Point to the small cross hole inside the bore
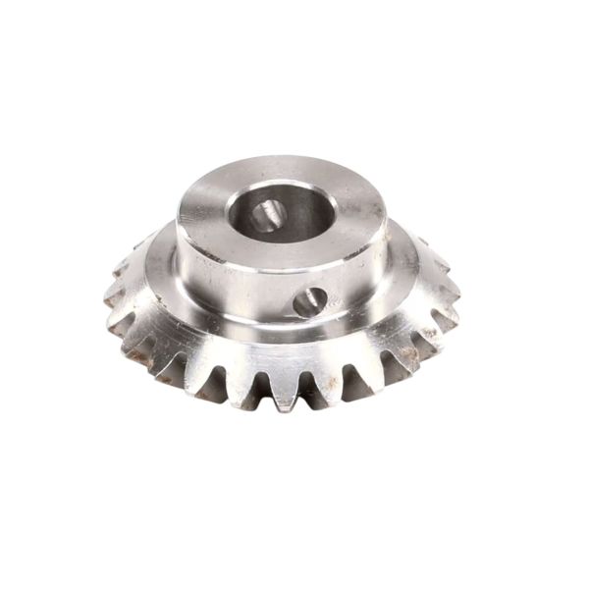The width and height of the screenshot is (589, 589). (x=265, y=212)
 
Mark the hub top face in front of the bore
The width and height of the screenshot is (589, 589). (x=285, y=249)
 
